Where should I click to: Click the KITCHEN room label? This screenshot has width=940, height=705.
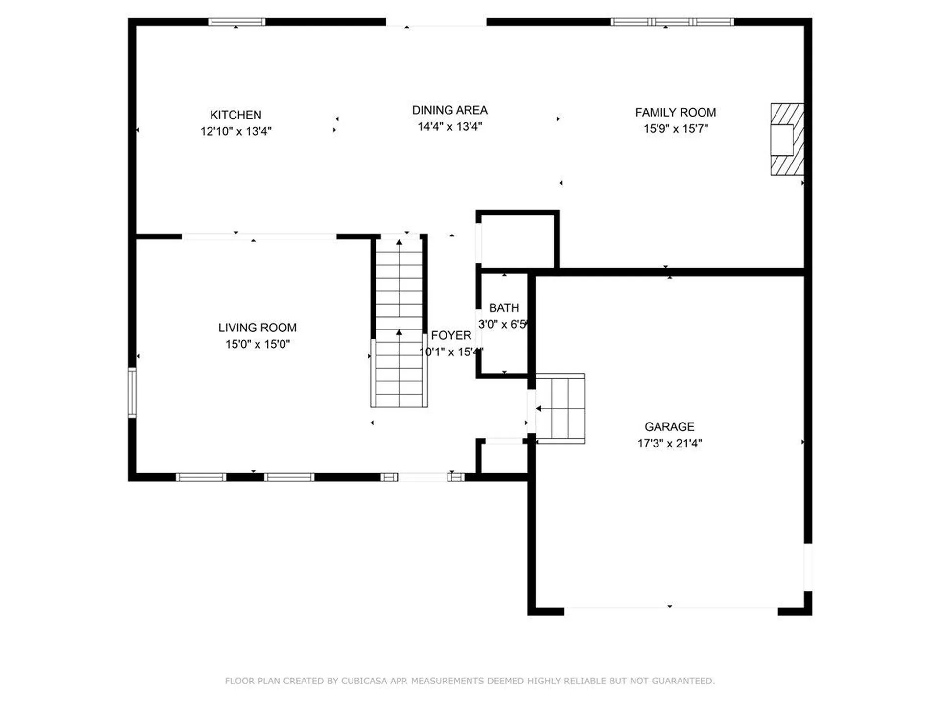(x=235, y=115)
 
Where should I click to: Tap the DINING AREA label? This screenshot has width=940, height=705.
(x=449, y=110)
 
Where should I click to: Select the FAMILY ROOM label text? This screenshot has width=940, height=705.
(x=675, y=113)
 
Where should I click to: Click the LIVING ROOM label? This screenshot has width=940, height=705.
(x=257, y=328)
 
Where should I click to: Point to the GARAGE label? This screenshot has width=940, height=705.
(x=669, y=426)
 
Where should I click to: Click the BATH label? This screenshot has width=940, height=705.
(x=504, y=308)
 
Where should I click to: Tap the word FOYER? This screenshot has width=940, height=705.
(x=451, y=335)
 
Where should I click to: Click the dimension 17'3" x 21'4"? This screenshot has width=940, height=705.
(x=669, y=443)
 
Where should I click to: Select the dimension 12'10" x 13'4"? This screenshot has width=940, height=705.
(x=235, y=131)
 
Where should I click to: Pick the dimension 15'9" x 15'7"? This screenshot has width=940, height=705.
(x=675, y=129)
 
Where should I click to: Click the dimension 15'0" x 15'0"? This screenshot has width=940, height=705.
(x=257, y=344)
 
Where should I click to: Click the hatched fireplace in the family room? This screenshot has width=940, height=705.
(x=787, y=139)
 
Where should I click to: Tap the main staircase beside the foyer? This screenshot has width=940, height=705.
(x=399, y=323)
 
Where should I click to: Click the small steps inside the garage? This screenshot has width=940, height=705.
(x=561, y=408)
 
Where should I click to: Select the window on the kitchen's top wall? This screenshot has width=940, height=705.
(x=236, y=22)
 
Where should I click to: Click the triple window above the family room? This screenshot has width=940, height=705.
(x=672, y=22)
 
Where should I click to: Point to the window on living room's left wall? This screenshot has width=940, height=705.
(x=132, y=393)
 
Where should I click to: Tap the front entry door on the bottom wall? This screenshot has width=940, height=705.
(x=423, y=477)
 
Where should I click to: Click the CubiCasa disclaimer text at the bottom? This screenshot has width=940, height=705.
(x=470, y=681)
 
